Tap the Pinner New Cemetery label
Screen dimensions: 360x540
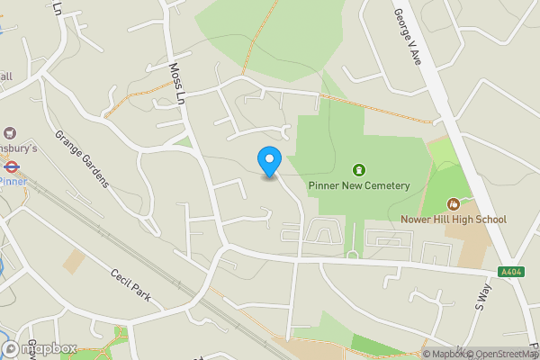pyautogui.click(x=359, y=186)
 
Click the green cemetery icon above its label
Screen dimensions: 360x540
pyautogui.click(x=359, y=169)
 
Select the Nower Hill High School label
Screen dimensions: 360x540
pyautogui.click(x=454, y=220)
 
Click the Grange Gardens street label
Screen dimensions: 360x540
pyautogui.click(x=82, y=159)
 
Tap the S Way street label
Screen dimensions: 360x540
pyautogui.click(x=483, y=297)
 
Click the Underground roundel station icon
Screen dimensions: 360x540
pyautogui.click(x=12, y=166)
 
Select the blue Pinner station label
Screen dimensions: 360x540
pyautogui.click(x=13, y=180)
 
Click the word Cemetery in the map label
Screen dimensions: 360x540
pyautogui.click(x=387, y=186)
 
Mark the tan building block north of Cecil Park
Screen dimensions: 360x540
pyautogui.click(x=75, y=261)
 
